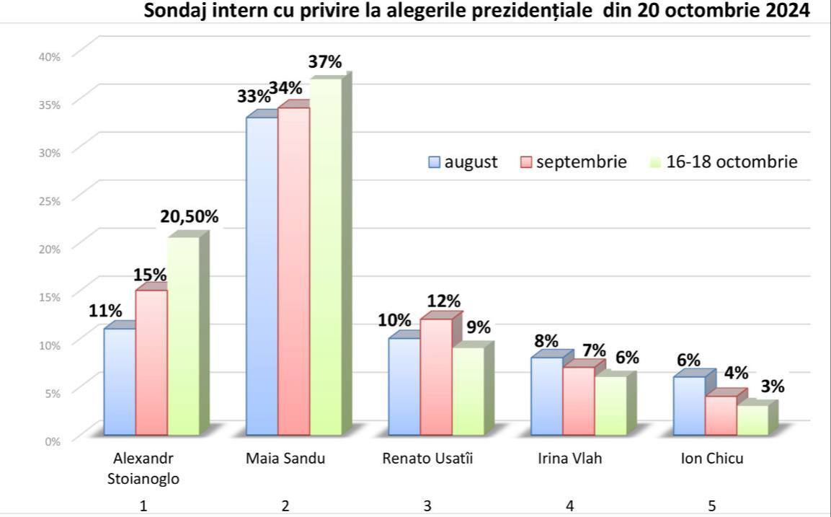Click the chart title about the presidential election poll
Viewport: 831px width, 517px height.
pyautogui.click(x=476, y=12)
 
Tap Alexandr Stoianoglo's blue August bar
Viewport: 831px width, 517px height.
pyautogui.click(x=120, y=382)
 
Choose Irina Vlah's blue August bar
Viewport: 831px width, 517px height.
pyautogui.click(x=546, y=397)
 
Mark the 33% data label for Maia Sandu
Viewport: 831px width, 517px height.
pyautogui.click(x=252, y=96)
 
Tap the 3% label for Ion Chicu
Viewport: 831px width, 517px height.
pyautogui.click(x=773, y=386)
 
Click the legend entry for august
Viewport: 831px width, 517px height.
pyautogui.click(x=463, y=162)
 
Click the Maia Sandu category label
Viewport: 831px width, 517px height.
pyautogui.click(x=285, y=459)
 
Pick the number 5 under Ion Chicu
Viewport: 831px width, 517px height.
pyautogui.click(x=712, y=506)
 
